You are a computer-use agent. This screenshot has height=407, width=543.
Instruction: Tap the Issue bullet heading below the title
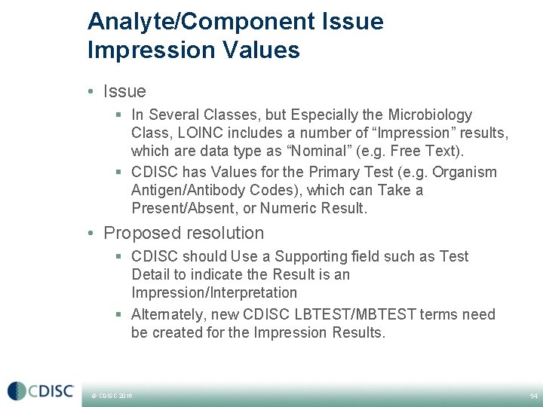click(124, 91)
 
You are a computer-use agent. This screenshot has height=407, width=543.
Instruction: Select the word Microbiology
click(431, 115)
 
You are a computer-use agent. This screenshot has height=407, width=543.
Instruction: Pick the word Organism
click(466, 172)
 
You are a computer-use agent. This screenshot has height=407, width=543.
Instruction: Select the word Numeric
click(287, 208)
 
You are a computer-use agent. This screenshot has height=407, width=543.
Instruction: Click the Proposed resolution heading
click(183, 233)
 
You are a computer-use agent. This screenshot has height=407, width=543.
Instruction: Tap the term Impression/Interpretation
click(214, 292)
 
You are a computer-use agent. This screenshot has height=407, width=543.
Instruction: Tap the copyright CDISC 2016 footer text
click(112, 396)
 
